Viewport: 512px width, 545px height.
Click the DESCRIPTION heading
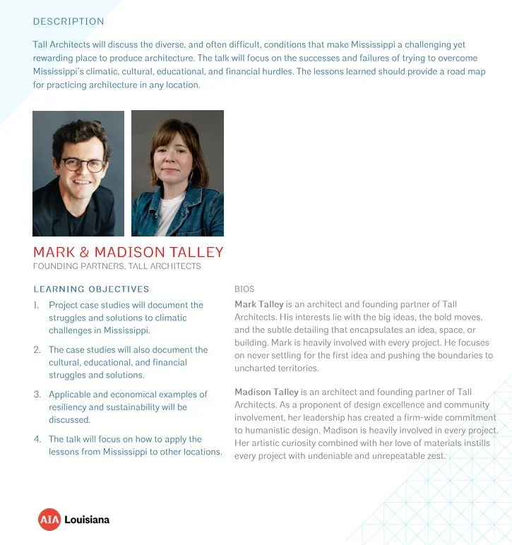click(69, 22)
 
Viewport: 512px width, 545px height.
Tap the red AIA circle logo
click(49, 520)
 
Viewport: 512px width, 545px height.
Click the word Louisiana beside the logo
click(87, 520)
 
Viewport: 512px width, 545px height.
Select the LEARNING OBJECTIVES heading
click(91, 289)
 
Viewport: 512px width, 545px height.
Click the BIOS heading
click(244, 289)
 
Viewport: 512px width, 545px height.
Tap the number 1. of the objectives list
click(37, 305)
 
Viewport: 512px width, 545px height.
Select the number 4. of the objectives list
click(37, 439)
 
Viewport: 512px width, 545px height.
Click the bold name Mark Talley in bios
click(259, 304)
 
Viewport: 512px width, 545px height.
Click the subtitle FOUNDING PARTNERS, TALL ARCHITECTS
click(117, 267)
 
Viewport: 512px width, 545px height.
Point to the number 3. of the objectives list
click(37, 395)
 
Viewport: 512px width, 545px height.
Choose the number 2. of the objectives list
click(37, 349)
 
